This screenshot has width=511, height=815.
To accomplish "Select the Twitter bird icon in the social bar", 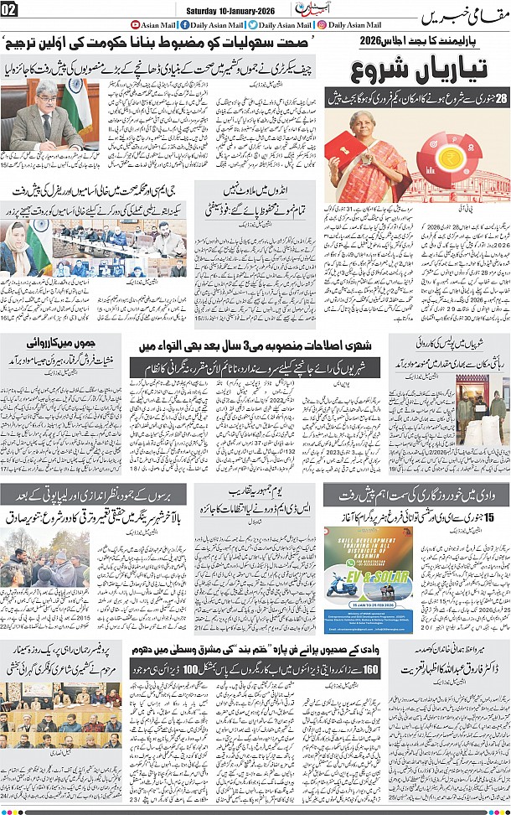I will click(251, 26).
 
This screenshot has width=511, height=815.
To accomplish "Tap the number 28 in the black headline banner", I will click(501, 100).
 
